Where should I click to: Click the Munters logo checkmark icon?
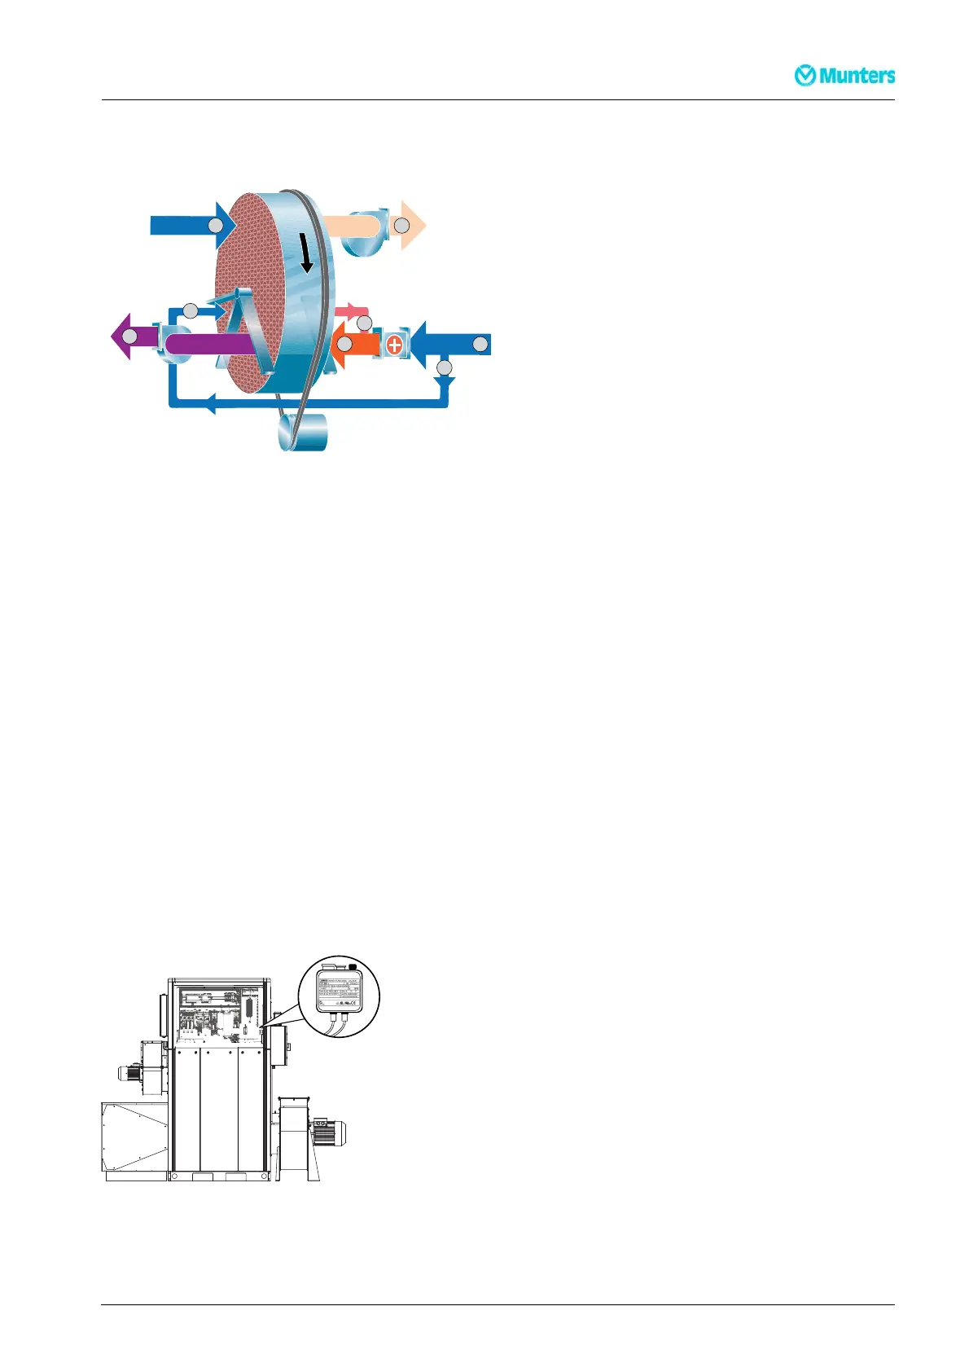pos(805,76)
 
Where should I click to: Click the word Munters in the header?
pos(857,76)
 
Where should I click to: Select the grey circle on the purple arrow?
pos(129,336)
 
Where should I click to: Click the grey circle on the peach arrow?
pos(401,225)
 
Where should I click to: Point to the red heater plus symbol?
pos(395,344)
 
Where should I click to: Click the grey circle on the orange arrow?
pos(344,345)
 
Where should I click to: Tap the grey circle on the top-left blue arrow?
pos(214,225)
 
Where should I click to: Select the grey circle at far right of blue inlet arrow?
pos(480,344)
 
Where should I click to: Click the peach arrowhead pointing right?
pos(413,225)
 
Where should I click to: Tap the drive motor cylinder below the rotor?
pos(303,432)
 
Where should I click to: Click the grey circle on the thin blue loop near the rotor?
pos(190,310)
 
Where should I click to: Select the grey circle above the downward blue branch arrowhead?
pos(444,367)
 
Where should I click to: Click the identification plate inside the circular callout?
pos(339,988)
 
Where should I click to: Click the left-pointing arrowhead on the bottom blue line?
pos(209,402)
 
